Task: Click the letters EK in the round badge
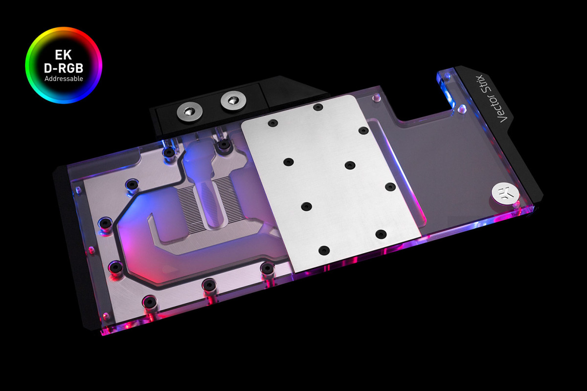[64, 55]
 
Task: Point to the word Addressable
[64, 78]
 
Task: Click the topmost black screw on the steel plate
[318, 107]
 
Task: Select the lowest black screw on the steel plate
[323, 250]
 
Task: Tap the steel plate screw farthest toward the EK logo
[390, 187]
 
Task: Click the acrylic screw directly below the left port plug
[169, 152]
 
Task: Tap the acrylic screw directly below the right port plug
[224, 145]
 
